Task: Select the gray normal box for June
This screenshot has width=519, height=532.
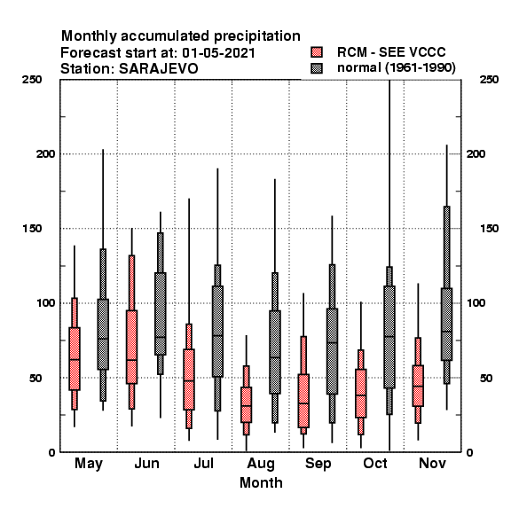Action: point(161,314)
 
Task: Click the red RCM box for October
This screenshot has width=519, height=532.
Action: point(361,393)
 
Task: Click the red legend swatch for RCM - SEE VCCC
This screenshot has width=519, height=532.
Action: point(317,52)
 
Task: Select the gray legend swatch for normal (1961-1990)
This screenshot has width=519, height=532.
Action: point(317,68)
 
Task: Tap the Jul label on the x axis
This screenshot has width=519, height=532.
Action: point(204,463)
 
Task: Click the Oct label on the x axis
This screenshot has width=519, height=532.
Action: point(375,463)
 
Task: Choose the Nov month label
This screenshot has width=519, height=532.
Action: point(432,463)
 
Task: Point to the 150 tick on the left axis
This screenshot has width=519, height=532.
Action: point(32,229)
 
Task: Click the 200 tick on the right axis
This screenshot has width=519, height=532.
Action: point(476,153)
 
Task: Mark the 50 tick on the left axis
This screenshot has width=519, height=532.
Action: point(35,378)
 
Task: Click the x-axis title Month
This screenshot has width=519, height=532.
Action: point(261,482)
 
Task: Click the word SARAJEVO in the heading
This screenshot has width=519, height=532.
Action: point(159,69)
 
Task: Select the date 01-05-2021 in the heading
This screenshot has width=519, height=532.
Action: point(218,53)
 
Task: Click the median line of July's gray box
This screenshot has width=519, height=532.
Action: point(217,335)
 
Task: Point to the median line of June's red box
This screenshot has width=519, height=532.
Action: point(131,360)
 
